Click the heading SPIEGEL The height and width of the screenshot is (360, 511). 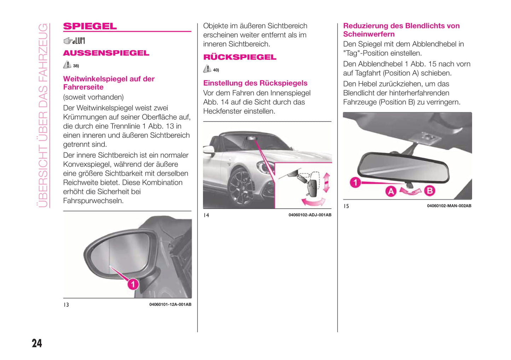90,26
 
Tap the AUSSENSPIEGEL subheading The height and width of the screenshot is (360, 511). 106,53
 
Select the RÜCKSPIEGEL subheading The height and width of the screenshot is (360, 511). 240,57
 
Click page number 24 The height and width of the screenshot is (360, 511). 37,343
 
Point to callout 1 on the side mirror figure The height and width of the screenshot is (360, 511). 133,284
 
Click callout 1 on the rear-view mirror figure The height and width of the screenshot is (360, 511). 355,182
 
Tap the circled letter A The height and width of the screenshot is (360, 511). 391,191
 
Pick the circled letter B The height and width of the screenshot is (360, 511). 429,191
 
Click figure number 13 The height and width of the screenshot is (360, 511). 66,305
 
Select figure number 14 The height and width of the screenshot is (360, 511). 206,215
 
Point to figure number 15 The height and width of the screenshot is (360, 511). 346,206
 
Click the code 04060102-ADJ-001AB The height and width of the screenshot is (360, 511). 310,215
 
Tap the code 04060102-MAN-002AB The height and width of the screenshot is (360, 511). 449,206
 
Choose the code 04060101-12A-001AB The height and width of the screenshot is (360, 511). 170,305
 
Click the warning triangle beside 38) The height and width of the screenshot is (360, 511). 67,65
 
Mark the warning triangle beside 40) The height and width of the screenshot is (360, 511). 207,69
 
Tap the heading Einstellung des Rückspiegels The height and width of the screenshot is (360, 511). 255,83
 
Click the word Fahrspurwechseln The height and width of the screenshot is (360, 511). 93,201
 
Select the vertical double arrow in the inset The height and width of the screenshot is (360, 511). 326,182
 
